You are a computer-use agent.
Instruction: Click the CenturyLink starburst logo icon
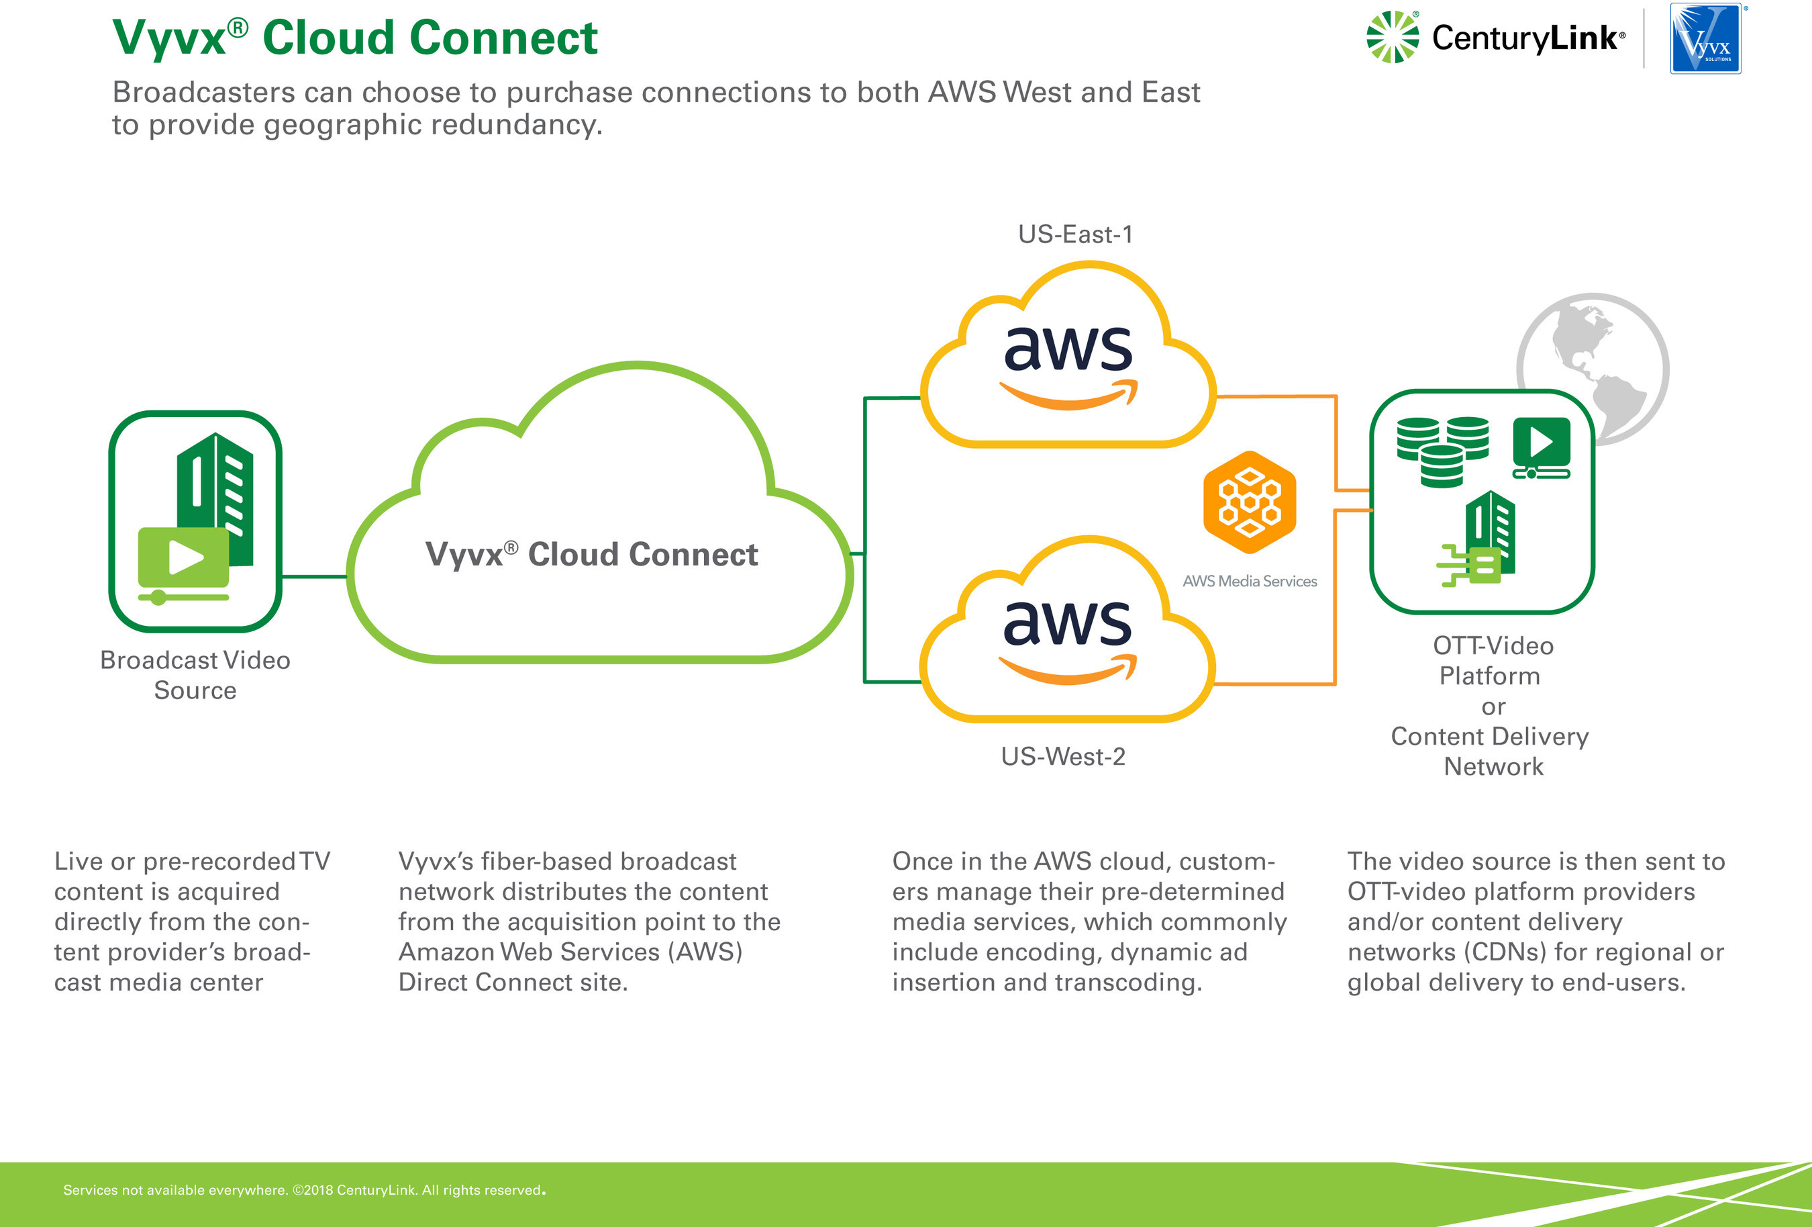click(1393, 37)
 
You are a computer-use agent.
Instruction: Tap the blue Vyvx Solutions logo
click(1705, 38)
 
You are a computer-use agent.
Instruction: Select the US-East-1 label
click(1075, 234)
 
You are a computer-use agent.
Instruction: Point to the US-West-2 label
click(1063, 756)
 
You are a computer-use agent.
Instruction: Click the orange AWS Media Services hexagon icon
click(1249, 502)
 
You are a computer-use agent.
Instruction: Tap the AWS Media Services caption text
click(1249, 581)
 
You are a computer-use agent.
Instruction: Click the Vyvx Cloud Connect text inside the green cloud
click(591, 555)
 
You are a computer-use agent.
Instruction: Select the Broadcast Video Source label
click(195, 675)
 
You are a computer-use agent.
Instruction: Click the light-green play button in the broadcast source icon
click(184, 557)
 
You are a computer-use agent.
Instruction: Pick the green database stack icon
click(1442, 450)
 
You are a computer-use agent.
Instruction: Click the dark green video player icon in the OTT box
click(1541, 446)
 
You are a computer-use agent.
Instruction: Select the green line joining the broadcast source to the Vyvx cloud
click(314, 576)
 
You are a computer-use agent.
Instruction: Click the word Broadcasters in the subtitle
click(203, 92)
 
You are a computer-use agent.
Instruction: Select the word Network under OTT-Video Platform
click(1493, 766)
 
